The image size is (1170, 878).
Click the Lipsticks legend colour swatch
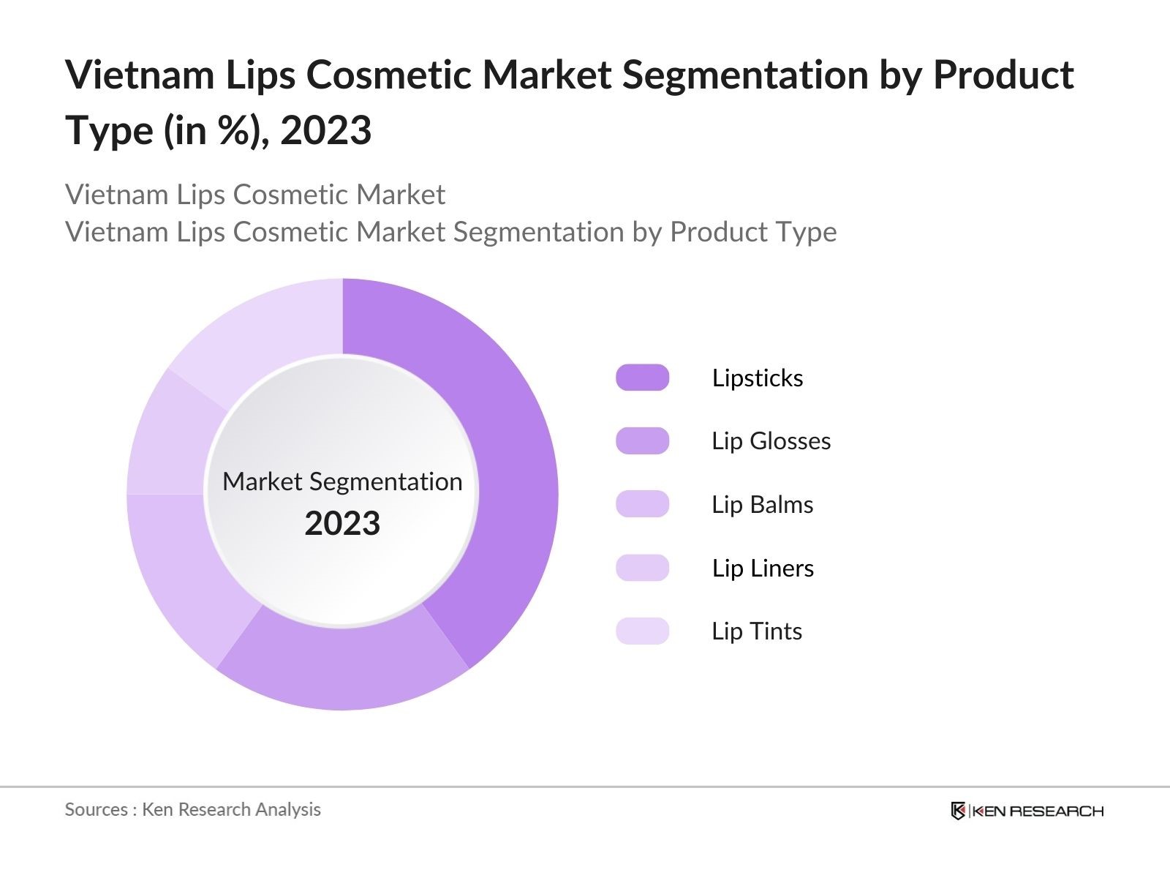click(642, 378)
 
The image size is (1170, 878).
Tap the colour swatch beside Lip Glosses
click(642, 441)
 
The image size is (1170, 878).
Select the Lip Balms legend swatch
click(642, 504)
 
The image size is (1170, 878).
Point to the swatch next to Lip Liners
click(642, 568)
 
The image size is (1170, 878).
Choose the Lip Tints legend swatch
click(642, 631)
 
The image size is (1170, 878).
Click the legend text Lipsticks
click(758, 378)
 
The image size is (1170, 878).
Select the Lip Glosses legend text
click(771, 441)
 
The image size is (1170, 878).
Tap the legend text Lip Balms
click(762, 505)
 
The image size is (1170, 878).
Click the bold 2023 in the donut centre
click(342, 524)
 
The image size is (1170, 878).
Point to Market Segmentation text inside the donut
click(342, 481)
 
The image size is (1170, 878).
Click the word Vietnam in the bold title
click(139, 75)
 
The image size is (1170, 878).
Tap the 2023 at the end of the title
click(326, 131)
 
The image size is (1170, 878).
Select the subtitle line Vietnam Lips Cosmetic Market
click(254, 195)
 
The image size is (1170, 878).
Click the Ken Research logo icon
click(958, 811)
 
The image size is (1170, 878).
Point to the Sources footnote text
click(192, 809)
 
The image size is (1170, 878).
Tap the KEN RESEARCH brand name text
click(1038, 811)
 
